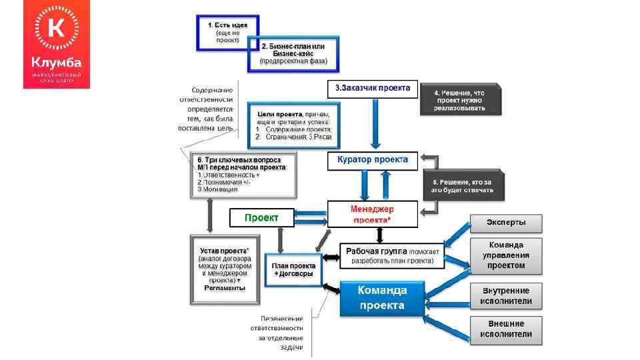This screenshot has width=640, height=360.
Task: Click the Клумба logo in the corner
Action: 57,44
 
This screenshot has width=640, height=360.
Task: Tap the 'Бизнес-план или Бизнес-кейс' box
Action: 293,54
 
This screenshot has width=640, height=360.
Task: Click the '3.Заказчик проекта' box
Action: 372,88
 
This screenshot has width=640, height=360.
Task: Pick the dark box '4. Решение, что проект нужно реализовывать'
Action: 460,100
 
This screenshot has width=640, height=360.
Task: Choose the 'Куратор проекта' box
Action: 372,161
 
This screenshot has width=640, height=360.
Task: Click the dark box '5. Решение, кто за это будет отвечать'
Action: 463,185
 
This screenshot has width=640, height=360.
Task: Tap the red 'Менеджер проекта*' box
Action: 372,214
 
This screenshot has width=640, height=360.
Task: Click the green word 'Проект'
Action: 261,217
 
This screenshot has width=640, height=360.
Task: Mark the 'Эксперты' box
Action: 506,223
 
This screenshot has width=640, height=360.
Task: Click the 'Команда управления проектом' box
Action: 506,255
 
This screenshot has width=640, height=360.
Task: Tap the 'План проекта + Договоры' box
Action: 293,269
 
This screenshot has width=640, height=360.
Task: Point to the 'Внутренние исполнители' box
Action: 506,296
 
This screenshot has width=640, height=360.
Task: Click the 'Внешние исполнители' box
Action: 506,329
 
